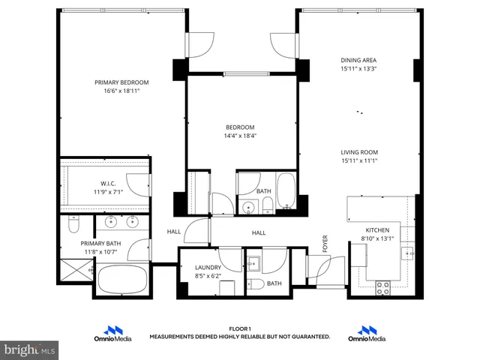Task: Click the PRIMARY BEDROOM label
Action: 121,82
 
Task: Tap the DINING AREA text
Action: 358,60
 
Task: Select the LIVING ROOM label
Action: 358,152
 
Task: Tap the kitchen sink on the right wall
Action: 409,253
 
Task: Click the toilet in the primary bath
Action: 73,224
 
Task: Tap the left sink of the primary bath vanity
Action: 112,221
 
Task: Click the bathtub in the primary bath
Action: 123,283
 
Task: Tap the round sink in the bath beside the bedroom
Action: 247,208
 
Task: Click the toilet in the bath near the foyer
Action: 254,283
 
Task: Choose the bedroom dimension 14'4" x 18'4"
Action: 240,136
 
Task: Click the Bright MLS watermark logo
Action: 30,349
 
